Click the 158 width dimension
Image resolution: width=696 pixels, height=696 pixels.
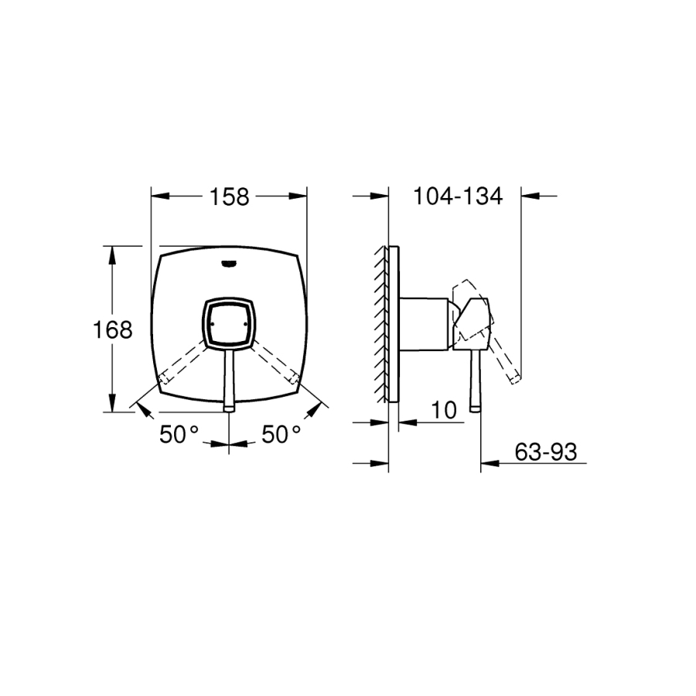pyautogui.click(x=229, y=196)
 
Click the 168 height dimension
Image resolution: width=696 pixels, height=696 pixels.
pyautogui.click(x=112, y=329)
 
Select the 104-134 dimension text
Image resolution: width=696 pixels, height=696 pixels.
pyautogui.click(x=458, y=196)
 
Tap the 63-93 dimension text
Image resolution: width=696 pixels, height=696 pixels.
pyautogui.click(x=545, y=452)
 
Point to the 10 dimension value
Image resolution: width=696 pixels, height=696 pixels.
pyautogui.click(x=443, y=410)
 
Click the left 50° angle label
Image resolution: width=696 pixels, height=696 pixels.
pyautogui.click(x=179, y=434)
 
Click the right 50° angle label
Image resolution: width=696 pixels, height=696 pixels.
pyautogui.click(x=281, y=434)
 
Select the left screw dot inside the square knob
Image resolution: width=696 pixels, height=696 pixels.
pyautogui.click(x=213, y=324)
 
